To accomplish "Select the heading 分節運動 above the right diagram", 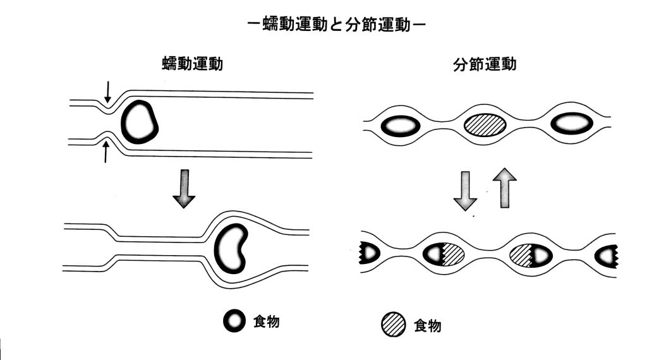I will click(485, 64).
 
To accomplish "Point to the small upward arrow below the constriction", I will click(106, 152).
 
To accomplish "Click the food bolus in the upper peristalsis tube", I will click(139, 122).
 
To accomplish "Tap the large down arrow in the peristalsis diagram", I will click(184, 188).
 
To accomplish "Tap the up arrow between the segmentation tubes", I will click(505, 188).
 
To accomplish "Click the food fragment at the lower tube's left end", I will click(368, 253).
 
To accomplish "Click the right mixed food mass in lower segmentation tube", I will click(531, 254).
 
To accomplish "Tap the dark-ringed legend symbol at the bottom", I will click(234, 322).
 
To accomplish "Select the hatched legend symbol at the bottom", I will click(394, 325).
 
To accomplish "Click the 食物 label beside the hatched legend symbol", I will click(427, 326).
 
